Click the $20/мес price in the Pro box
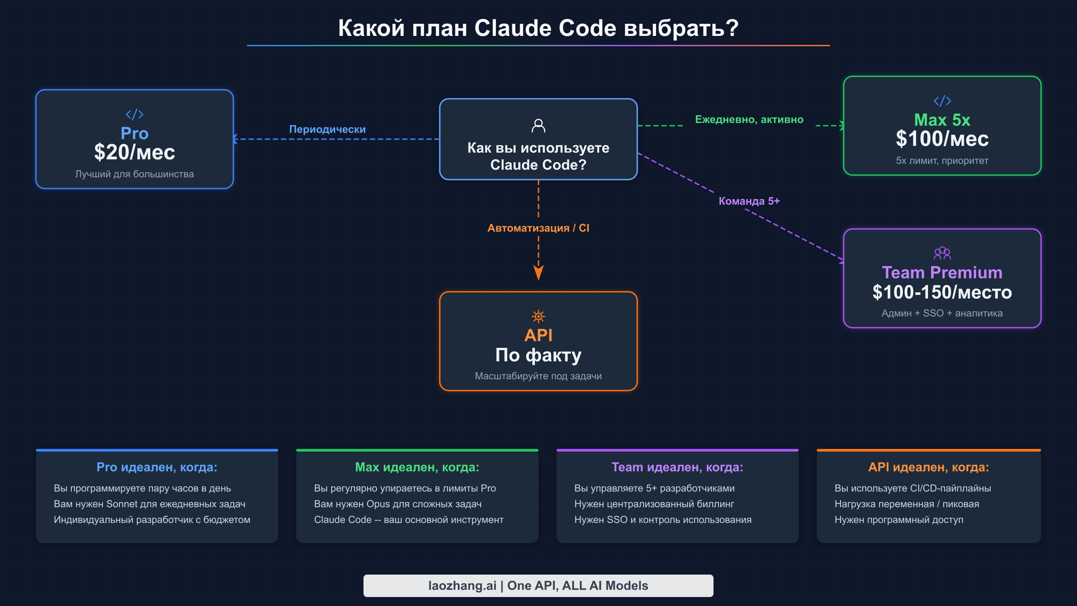[135, 153]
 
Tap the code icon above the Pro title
[135, 114]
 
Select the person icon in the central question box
[538, 126]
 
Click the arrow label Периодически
[327, 129]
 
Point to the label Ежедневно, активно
[749, 119]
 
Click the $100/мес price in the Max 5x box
[942, 139]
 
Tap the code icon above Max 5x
[942, 101]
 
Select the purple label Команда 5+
[749, 201]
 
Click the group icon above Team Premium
[942, 253]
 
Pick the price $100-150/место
[942, 293]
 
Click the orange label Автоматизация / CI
[538, 228]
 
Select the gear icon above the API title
[538, 316]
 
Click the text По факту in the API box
[538, 356]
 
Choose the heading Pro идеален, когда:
[157, 467]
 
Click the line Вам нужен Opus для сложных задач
[398, 504]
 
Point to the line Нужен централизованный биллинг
[654, 504]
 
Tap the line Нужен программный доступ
[899, 520]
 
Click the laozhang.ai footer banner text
[538, 586]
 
